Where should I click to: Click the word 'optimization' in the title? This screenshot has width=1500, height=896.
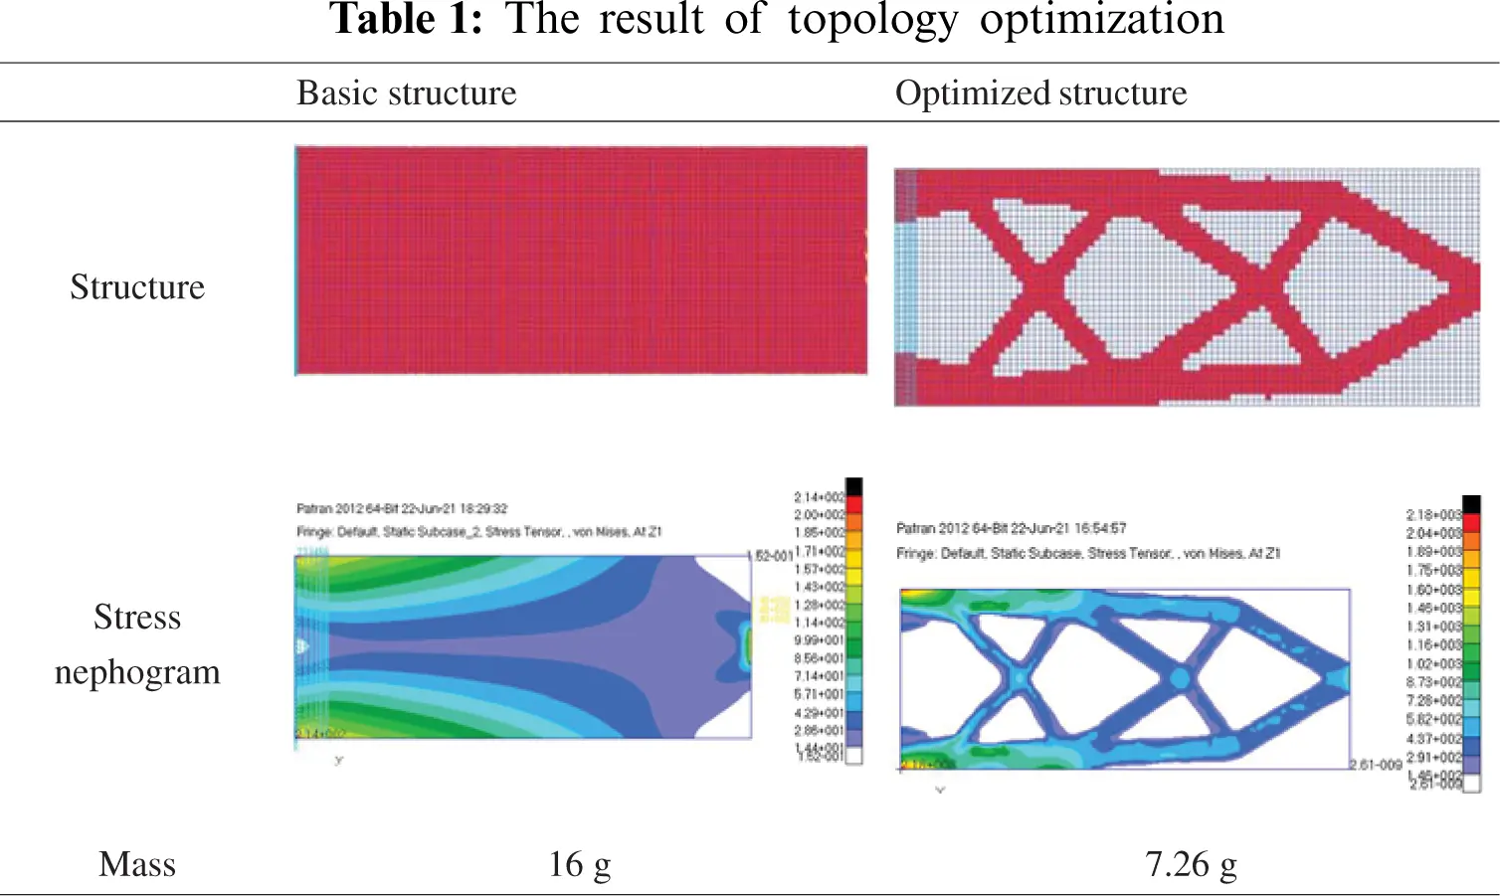pos(1101,20)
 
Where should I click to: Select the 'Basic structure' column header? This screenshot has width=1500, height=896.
pos(407,92)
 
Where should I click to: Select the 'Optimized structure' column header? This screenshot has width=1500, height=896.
pos(1040,92)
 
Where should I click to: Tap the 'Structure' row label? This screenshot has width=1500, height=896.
pos(137,287)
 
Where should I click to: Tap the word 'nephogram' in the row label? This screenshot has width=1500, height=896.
pos(137,672)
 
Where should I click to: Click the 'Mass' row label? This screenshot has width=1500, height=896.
pos(137,864)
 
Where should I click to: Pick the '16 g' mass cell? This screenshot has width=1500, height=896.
pos(579,864)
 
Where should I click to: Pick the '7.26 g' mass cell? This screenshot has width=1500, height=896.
pos(1191,864)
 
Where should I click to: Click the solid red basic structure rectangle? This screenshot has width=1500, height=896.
pos(581,261)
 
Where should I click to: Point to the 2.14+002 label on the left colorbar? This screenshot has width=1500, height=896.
pos(819,497)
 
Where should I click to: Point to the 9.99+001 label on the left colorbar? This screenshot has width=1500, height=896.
pos(819,640)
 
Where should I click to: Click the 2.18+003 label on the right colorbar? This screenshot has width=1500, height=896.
pos(1433,515)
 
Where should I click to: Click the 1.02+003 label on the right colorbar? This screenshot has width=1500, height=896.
pos(1433,663)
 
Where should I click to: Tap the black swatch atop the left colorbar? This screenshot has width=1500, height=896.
pos(853,486)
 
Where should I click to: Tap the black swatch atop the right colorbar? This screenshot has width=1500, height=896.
pos(1471,504)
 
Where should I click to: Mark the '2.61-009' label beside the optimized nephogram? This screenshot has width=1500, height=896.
pos(1376,765)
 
